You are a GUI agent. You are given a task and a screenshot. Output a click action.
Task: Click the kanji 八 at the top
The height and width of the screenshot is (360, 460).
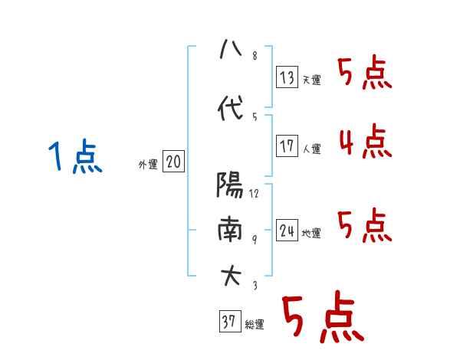click(x=231, y=51)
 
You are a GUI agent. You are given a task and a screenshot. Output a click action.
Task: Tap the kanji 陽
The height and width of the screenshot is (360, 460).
click(x=231, y=185)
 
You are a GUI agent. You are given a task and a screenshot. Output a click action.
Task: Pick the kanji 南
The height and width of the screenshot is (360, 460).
click(x=231, y=229)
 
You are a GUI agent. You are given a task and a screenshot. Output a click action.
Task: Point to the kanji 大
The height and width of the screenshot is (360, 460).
click(x=231, y=275)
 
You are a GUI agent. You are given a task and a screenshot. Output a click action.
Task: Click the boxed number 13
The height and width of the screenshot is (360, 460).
click(x=287, y=77)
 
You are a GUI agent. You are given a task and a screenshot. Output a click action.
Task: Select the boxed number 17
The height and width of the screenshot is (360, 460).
click(x=287, y=146)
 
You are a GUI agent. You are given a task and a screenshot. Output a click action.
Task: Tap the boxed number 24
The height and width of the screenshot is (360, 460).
click(x=287, y=231)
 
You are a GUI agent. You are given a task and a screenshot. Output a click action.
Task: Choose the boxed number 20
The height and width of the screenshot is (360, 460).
click(x=173, y=162)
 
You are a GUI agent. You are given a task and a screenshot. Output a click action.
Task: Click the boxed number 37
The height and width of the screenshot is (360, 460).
click(x=228, y=322)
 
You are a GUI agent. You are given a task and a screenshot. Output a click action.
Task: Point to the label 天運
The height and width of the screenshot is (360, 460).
click(x=311, y=80)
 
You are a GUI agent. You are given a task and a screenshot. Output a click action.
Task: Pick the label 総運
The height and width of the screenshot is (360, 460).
click(x=254, y=325)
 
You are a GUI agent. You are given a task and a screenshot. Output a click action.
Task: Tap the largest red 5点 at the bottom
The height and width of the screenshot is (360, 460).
click(x=322, y=318)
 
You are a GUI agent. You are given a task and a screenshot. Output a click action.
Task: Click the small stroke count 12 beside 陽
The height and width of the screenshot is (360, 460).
click(x=254, y=194)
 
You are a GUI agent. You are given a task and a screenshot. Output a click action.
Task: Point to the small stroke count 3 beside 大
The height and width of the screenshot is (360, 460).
click(x=254, y=285)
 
